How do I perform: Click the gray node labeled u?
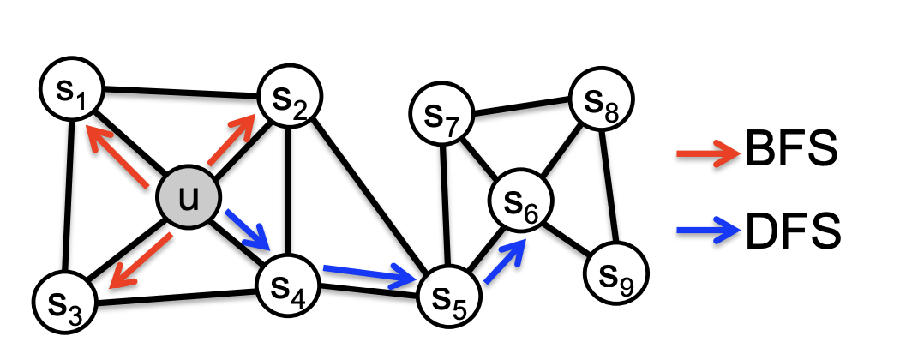pos(187,200)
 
